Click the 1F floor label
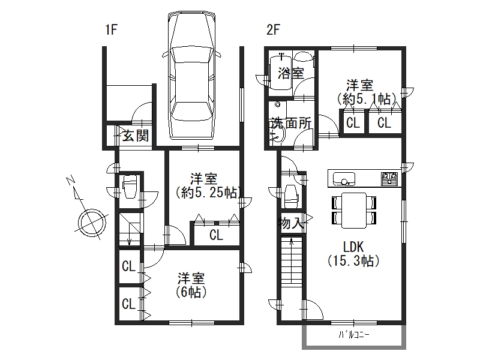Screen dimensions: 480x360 (x=112, y=30)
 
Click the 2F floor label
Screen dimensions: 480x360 (x=274, y=30)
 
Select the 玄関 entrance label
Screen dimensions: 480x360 (x=136, y=136)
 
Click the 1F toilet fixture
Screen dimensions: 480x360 (x=129, y=187)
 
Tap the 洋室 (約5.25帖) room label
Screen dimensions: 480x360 (x=208, y=186)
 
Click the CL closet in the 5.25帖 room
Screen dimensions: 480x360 (x=216, y=235)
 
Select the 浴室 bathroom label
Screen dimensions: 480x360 (x=291, y=73)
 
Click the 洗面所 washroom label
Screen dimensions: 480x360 (x=290, y=123)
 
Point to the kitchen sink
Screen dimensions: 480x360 (x=344, y=178)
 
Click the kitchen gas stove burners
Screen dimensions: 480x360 (x=389, y=178)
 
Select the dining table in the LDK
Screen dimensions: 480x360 (x=354, y=211)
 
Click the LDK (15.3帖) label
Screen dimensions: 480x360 (x=353, y=254)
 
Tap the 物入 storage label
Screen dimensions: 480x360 (x=291, y=223)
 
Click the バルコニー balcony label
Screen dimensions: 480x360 (x=354, y=335)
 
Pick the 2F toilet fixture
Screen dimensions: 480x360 (x=292, y=196)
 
